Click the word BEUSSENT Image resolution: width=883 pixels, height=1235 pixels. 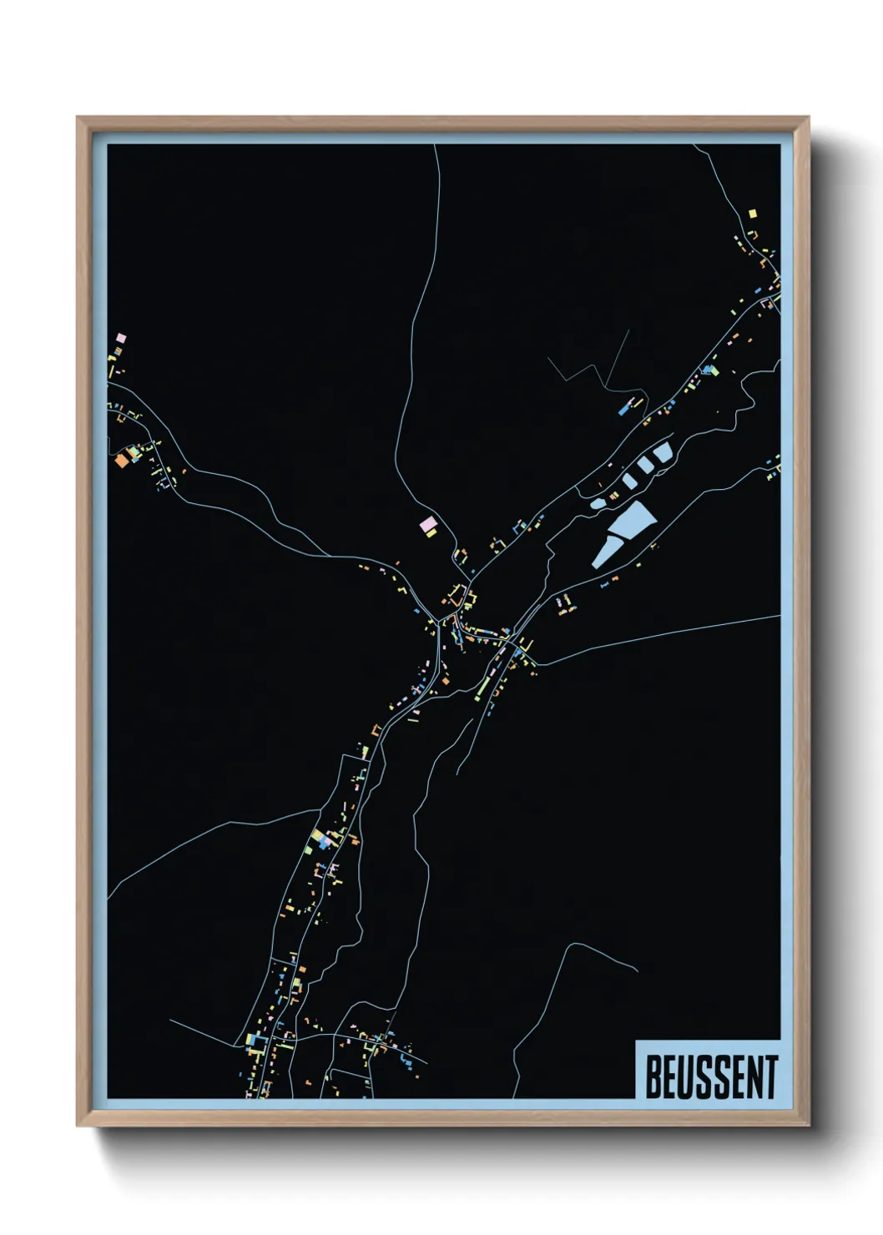[711, 1077]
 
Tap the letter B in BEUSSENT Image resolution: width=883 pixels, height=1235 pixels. [653, 1077]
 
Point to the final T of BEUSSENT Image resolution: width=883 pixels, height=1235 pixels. [771, 1077]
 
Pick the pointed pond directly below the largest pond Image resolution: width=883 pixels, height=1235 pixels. [603, 552]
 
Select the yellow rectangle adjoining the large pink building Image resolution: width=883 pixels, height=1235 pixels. [431, 532]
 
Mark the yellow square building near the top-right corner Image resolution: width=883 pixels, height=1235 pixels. [752, 214]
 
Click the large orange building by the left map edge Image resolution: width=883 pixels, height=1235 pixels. [122, 459]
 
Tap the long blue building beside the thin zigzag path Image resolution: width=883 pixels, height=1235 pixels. [623, 410]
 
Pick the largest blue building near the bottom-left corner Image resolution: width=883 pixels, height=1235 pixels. [254, 1041]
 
